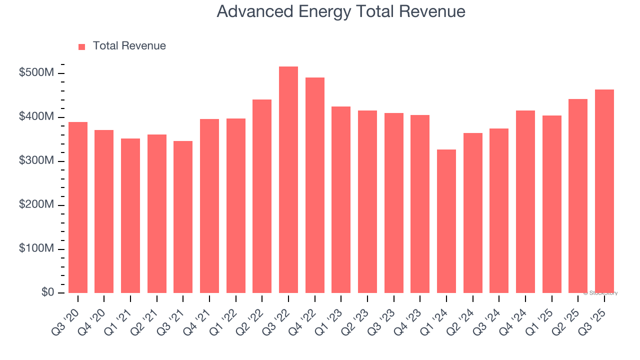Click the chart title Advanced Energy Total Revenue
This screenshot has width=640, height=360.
click(341, 11)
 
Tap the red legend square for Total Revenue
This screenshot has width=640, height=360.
click(82, 46)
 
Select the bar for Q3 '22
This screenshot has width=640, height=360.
click(288, 180)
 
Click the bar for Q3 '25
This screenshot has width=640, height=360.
click(604, 191)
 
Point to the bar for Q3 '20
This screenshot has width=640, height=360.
click(78, 207)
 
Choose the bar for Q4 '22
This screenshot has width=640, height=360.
click(315, 185)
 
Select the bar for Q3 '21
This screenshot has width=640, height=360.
click(183, 217)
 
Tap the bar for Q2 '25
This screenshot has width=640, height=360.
click(578, 196)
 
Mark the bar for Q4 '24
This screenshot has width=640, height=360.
click(525, 202)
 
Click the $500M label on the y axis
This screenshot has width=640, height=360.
click(36, 73)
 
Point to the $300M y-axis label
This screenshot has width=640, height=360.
click(36, 161)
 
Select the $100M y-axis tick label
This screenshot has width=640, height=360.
click(36, 249)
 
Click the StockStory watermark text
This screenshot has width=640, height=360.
click(600, 293)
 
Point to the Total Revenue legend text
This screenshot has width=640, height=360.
click(129, 46)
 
